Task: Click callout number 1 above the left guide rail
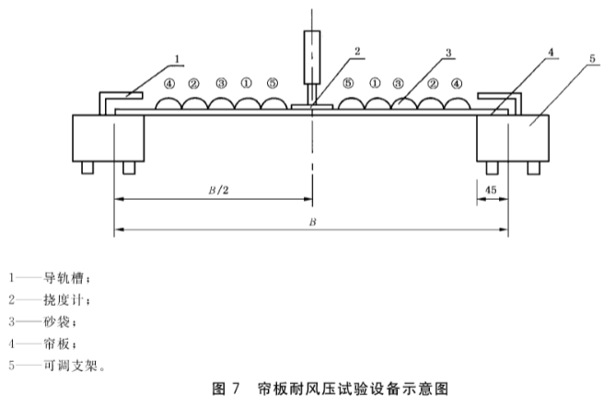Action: [x=177, y=59]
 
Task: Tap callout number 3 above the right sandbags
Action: [x=448, y=53]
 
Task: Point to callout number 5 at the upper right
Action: [x=592, y=58]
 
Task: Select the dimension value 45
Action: [x=491, y=190]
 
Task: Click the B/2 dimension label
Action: [x=218, y=191]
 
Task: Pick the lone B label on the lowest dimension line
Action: [x=312, y=222]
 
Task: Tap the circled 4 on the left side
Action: [x=169, y=84]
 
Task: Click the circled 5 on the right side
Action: [x=348, y=83]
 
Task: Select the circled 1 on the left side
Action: [x=247, y=83]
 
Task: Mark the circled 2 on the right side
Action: [x=433, y=84]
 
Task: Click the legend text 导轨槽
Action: [x=64, y=278]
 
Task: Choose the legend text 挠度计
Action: [x=64, y=300]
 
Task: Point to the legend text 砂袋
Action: [x=57, y=322]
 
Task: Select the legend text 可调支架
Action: [x=70, y=366]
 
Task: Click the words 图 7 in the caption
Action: [x=226, y=389]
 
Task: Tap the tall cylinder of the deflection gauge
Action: [x=312, y=57]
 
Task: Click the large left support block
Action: [x=109, y=138]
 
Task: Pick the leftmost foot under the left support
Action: [x=87, y=168]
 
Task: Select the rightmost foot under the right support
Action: [x=533, y=168]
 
